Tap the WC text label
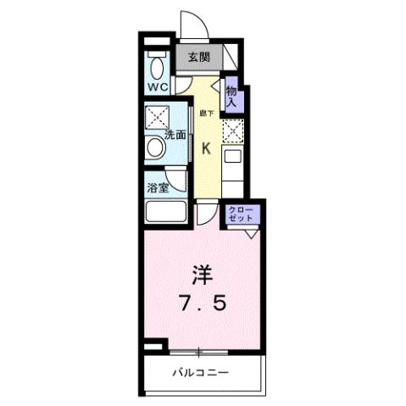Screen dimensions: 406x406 [157, 86]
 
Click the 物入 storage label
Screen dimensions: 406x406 [231, 92]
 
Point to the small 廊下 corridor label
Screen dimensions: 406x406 [205, 112]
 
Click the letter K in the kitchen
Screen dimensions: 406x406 [206, 147]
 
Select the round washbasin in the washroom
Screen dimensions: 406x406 [157, 149]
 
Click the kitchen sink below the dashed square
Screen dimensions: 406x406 [231, 158]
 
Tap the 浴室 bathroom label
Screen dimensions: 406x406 [159, 188]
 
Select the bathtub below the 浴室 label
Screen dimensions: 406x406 [166, 212]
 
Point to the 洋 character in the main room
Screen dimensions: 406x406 [201, 275]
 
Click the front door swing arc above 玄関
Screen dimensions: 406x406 [192, 25]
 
